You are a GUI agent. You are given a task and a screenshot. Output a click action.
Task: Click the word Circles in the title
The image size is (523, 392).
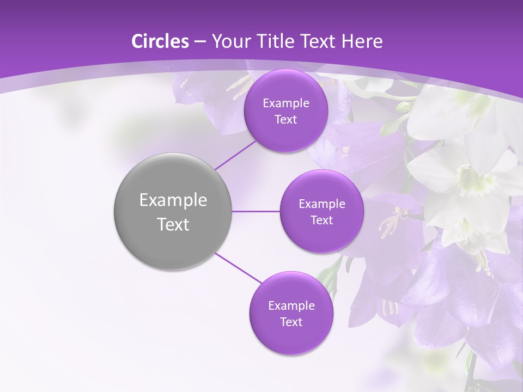160,41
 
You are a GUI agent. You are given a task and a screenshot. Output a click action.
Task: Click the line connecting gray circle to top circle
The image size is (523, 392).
236,155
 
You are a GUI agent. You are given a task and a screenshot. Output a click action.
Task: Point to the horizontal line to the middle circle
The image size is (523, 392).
256,211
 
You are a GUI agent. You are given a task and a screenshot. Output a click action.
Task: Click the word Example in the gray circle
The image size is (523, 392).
173,200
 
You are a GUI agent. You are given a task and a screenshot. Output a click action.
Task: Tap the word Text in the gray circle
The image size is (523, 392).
173,224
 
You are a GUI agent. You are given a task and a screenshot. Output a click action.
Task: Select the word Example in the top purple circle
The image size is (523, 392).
285,103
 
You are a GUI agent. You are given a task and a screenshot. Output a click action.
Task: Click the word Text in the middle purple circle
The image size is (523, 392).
321,220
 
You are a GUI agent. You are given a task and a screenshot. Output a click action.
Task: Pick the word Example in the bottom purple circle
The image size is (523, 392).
291,305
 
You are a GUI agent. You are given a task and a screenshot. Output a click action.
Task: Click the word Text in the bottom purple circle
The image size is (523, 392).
291,322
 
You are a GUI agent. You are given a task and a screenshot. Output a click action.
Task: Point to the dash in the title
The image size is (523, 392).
199,42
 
